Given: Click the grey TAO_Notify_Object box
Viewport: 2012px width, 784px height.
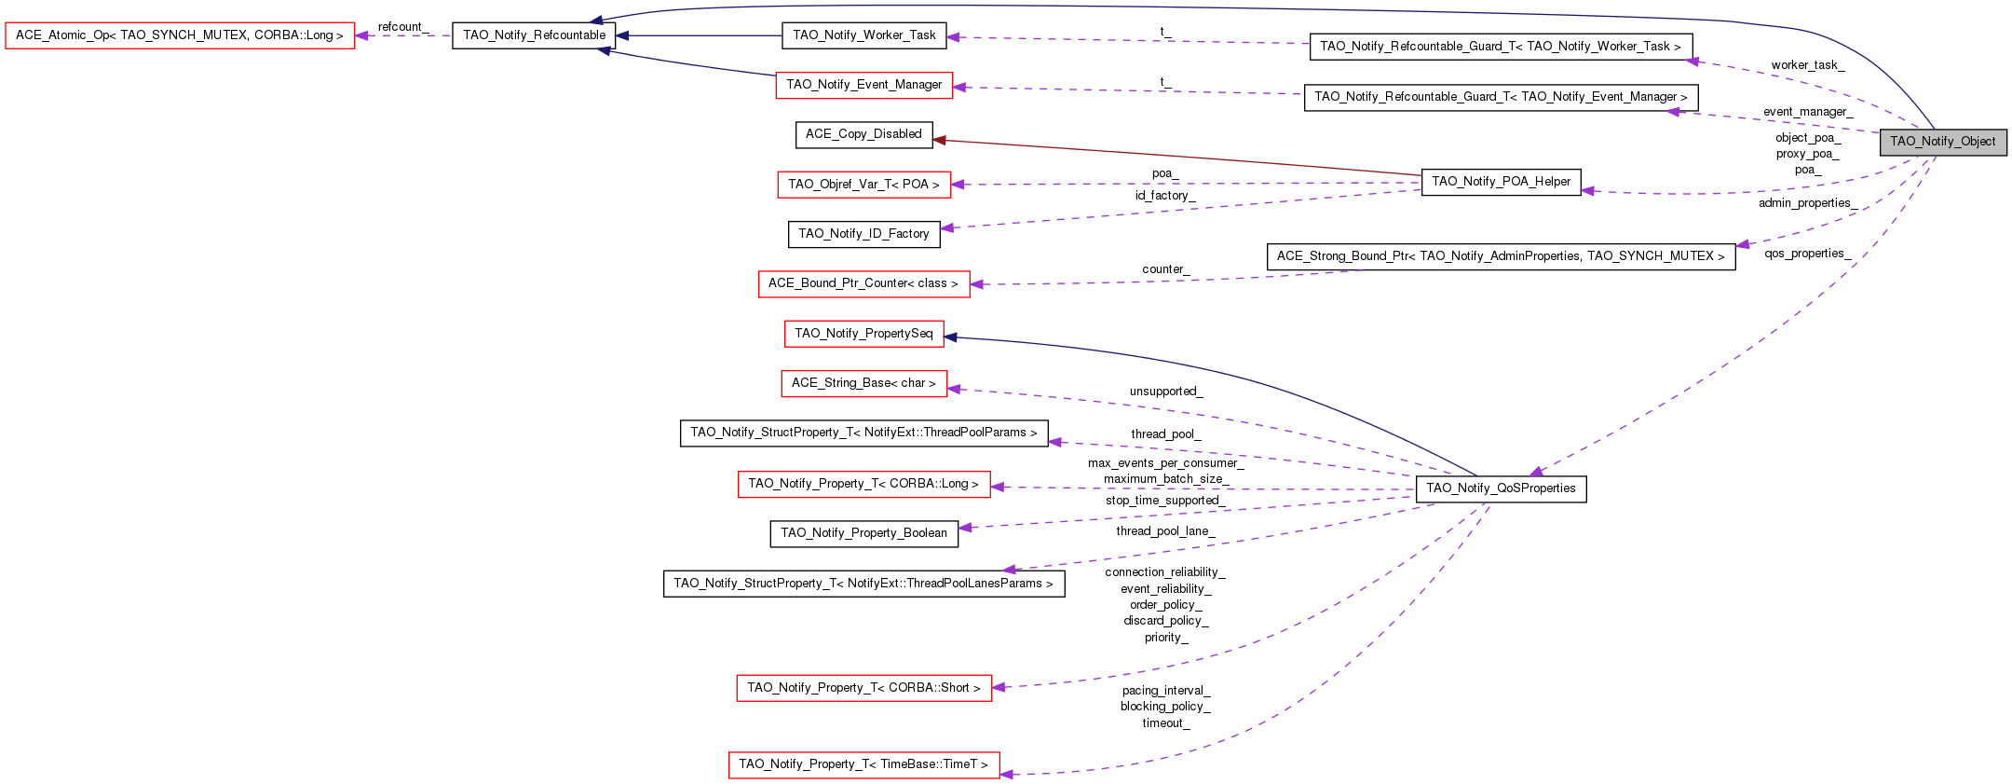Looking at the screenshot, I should [x=1942, y=142].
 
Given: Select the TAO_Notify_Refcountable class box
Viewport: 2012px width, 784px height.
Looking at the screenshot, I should [x=534, y=35].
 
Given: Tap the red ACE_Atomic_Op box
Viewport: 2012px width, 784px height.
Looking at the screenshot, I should [x=180, y=35].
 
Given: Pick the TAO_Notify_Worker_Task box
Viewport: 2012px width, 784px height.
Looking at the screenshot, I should [x=863, y=35].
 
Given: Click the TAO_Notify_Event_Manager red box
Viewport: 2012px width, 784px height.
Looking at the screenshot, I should [x=863, y=85].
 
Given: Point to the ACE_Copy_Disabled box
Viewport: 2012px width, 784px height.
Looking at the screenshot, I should [x=863, y=134].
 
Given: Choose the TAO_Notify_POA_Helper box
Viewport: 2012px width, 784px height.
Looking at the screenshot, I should [x=1501, y=182].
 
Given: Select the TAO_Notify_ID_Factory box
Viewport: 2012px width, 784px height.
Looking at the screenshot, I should [x=863, y=234].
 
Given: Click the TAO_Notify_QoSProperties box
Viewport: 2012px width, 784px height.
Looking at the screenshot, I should [x=1501, y=488].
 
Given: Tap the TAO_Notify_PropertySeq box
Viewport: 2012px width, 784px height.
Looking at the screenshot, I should [x=863, y=334].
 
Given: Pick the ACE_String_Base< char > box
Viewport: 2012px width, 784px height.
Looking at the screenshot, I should [x=863, y=383].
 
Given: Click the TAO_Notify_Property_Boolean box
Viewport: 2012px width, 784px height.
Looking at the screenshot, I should [x=863, y=533].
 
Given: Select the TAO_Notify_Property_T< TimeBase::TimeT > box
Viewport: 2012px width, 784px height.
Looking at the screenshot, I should [x=863, y=764].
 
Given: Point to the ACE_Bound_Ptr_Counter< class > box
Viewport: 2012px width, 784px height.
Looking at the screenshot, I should [x=863, y=283].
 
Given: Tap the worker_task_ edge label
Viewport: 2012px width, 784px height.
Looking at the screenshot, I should [x=1807, y=65].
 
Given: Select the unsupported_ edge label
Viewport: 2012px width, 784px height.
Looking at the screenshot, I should [x=1166, y=392].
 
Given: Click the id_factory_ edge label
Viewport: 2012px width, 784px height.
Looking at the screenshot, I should [x=1164, y=196].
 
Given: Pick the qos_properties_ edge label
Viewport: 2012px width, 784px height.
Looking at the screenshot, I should [x=1807, y=254].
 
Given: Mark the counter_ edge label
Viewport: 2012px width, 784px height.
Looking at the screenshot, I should [x=1165, y=269].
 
